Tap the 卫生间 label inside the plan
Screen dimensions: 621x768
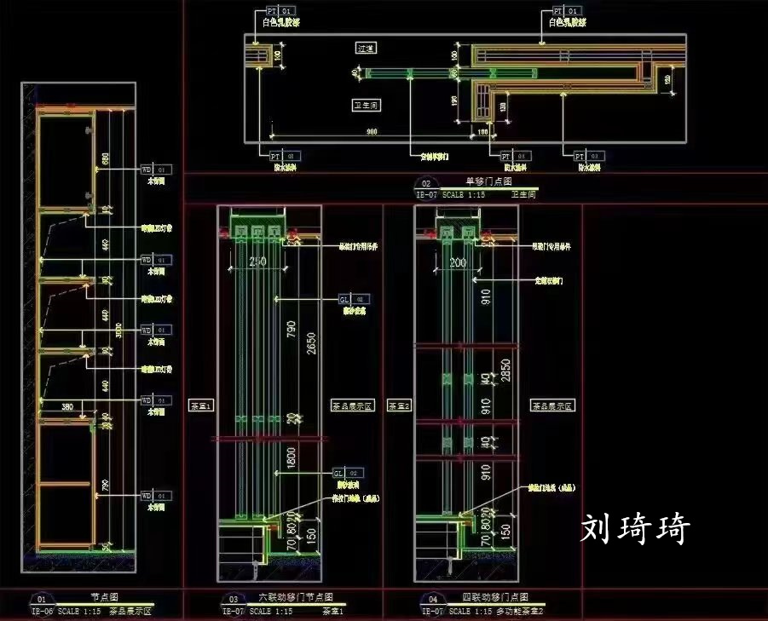366,105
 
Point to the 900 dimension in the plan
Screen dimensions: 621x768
372,131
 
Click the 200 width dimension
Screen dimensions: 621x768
458,262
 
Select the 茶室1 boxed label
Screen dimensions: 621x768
199,406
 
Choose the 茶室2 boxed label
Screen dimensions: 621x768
399,406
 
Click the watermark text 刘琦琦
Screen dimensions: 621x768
635,529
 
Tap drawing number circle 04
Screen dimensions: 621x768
433,600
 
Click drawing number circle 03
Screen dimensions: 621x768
232,600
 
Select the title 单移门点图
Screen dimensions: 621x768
488,181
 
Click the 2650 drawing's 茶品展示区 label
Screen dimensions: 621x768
353,406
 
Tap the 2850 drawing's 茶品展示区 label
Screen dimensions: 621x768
551,406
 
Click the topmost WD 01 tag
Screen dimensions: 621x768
156,170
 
